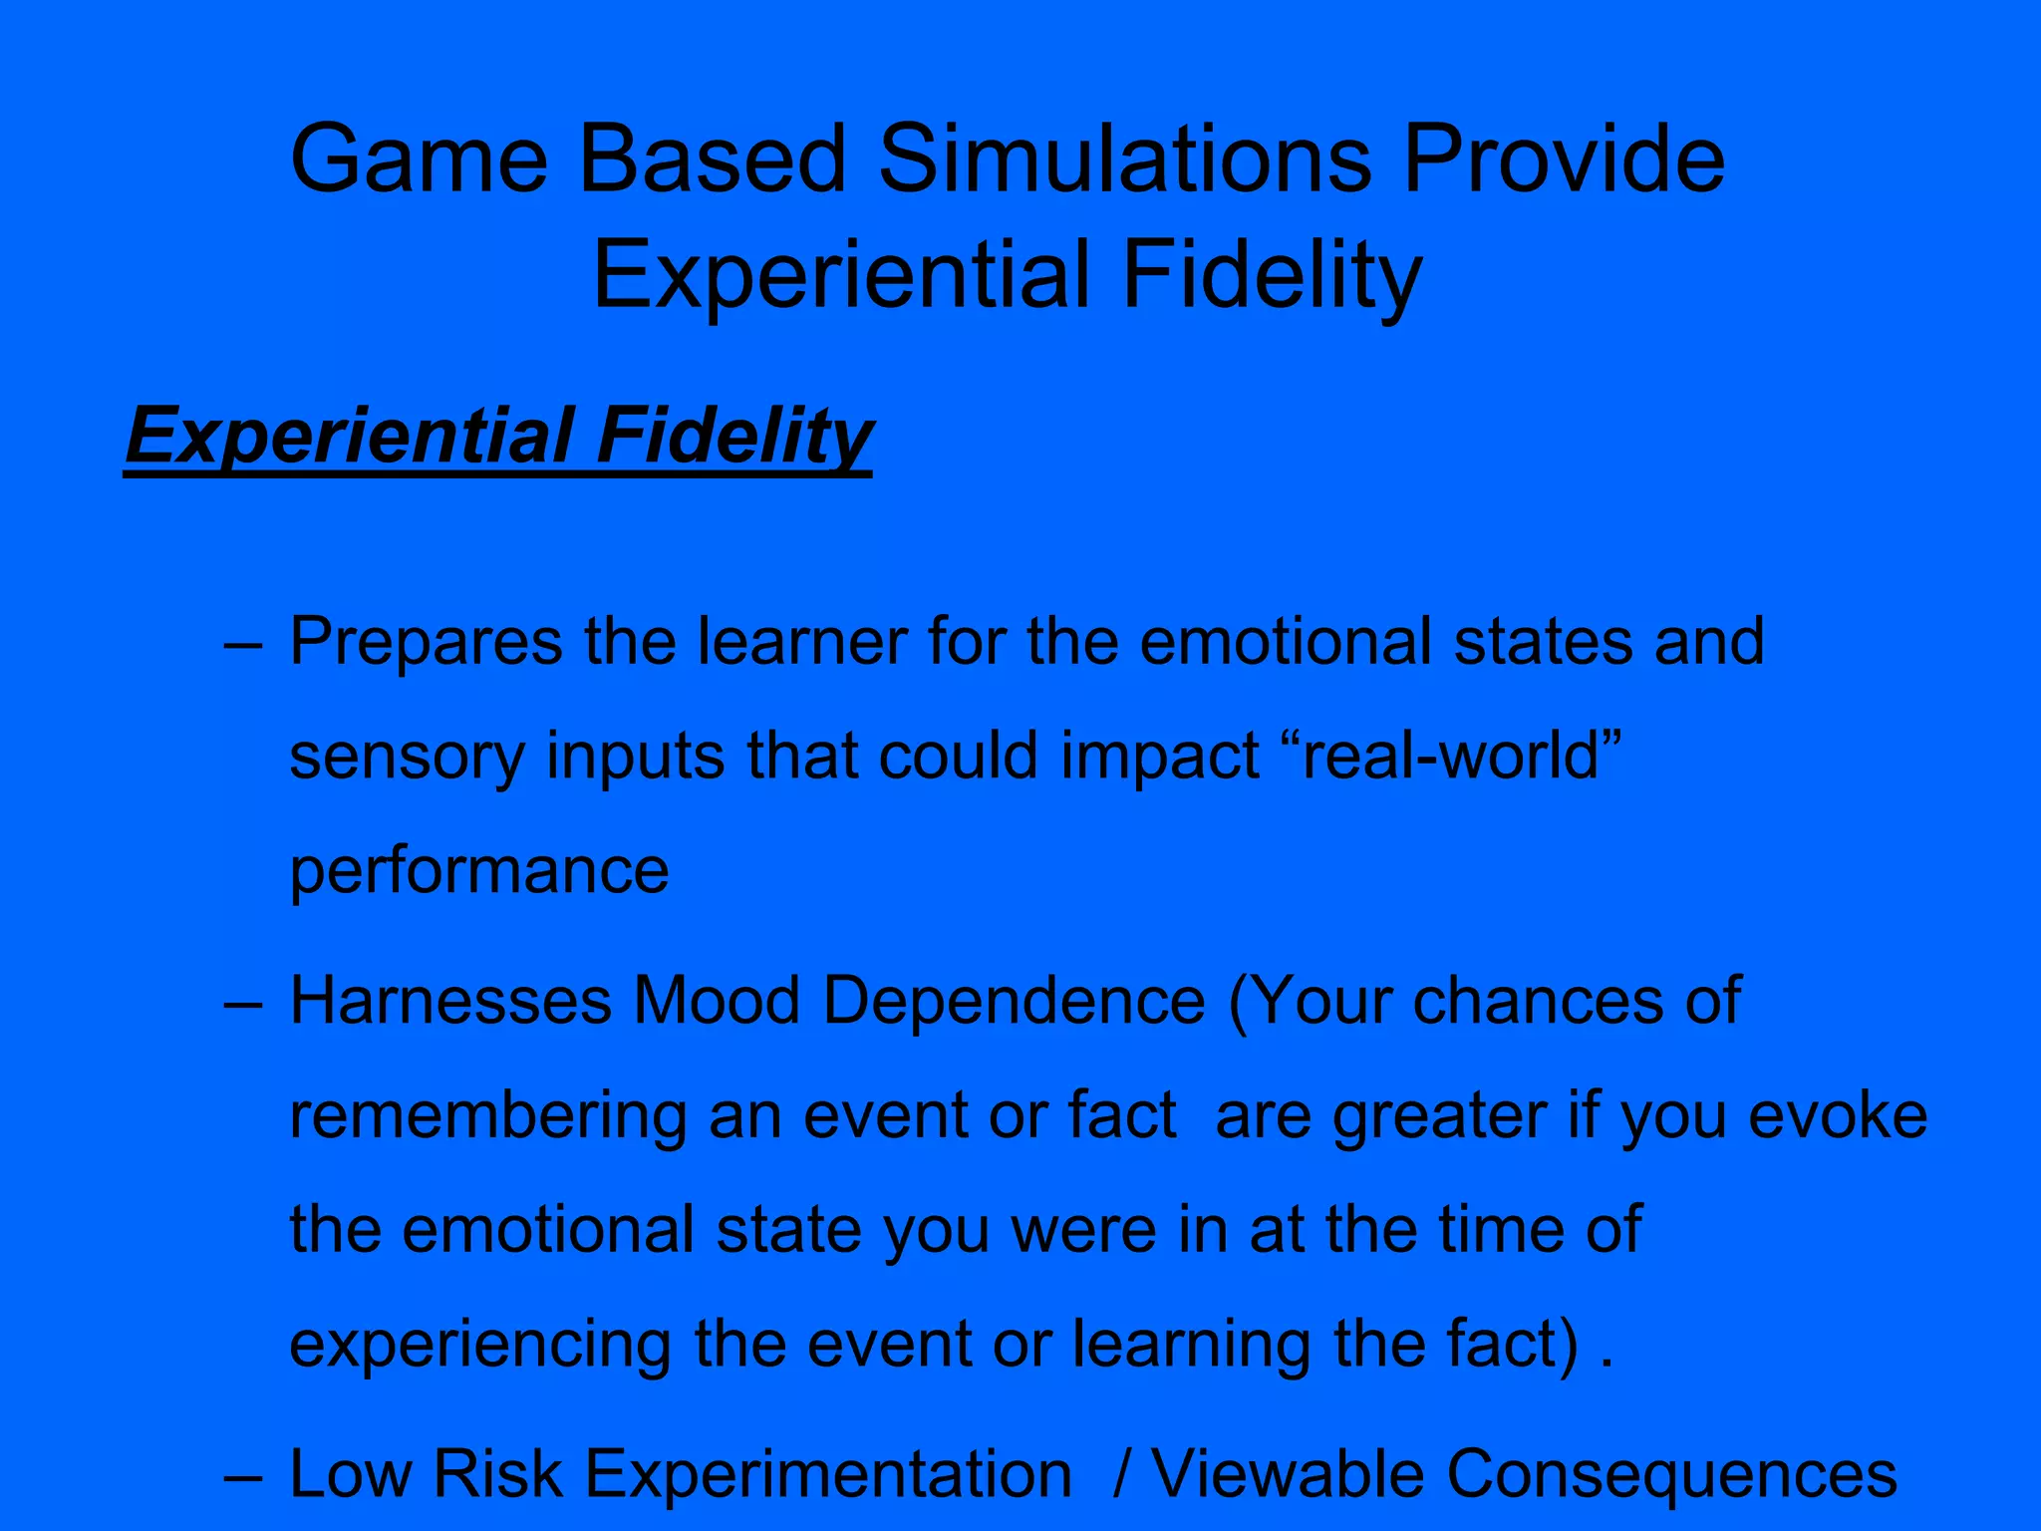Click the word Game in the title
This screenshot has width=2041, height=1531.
[x=419, y=159]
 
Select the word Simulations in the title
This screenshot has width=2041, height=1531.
[x=1125, y=159]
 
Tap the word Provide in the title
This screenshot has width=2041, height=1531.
[x=1564, y=159]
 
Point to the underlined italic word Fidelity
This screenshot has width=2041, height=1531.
[x=733, y=437]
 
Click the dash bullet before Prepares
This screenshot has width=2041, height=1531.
[x=243, y=643]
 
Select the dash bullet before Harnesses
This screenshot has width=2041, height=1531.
[x=243, y=1003]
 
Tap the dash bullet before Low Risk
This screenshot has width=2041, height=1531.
[x=243, y=1476]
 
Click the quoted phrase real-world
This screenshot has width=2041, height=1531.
[x=1451, y=756]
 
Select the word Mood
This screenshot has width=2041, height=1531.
[x=717, y=1001]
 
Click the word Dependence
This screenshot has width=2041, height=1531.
[x=1015, y=1001]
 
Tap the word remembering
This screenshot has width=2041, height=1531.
[x=487, y=1115]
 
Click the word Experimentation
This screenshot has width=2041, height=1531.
[x=828, y=1474]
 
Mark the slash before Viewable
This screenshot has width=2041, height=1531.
[x=1122, y=1474]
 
